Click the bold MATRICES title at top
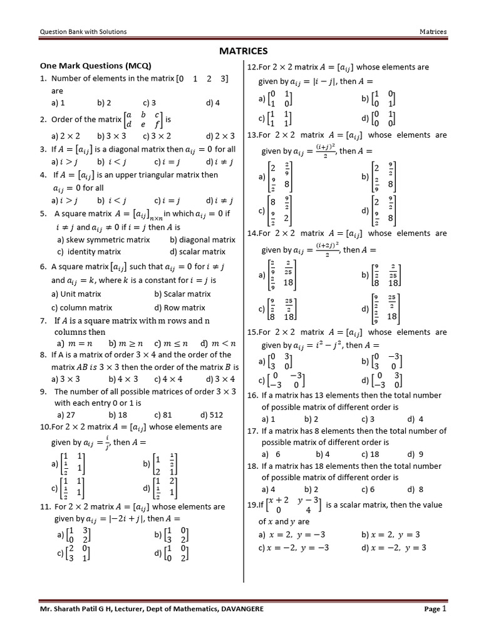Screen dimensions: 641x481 click(x=244, y=51)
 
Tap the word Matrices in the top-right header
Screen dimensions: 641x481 click(x=433, y=31)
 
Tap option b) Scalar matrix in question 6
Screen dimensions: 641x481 click(x=182, y=294)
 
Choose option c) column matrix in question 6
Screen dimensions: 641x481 click(x=82, y=307)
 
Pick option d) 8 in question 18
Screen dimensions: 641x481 click(x=415, y=490)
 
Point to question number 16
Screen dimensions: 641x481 click(x=252, y=396)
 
